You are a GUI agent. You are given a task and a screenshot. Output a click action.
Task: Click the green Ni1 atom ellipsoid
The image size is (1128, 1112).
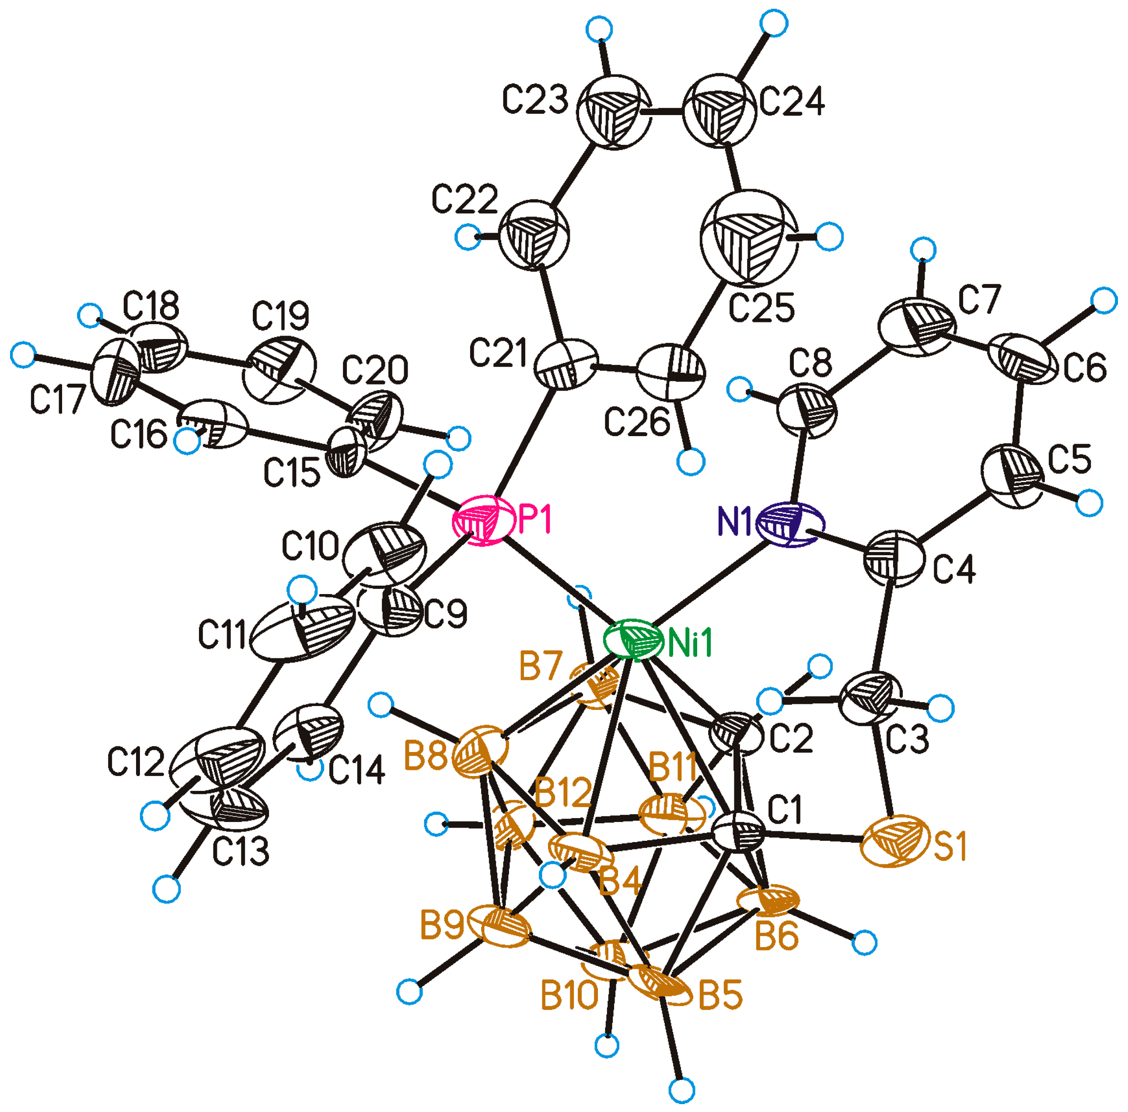[x=633, y=641]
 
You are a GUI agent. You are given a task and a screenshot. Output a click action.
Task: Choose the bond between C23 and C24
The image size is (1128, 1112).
[x=666, y=112]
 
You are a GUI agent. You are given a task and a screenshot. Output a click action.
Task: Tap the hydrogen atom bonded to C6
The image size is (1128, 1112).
[x=1103, y=301]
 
